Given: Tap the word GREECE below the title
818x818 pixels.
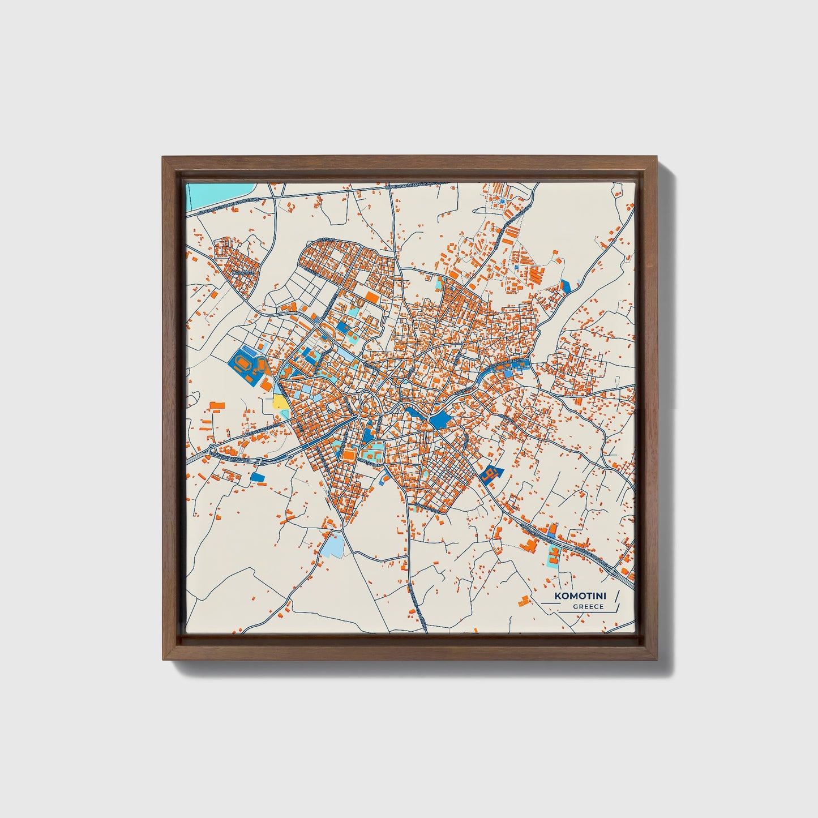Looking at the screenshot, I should tap(588, 607).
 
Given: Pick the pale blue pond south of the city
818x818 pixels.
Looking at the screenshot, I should tap(333, 545).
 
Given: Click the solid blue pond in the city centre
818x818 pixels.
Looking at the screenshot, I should tap(439, 419).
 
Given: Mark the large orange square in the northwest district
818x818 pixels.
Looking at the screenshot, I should tap(372, 297).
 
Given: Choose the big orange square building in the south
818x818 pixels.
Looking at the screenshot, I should tap(349, 454).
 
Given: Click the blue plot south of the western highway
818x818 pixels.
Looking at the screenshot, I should tap(259, 477).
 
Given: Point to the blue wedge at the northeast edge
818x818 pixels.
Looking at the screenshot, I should tap(565, 286).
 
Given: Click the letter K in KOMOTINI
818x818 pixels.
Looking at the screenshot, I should tap(558, 596).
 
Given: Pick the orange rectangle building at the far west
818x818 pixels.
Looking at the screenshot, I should tap(217, 405).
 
